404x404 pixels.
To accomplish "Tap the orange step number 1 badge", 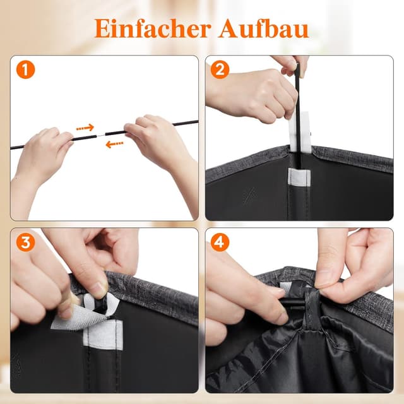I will [x=25, y=71].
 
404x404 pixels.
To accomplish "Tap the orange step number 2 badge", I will [x=220, y=71].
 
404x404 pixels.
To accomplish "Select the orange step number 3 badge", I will [x=25, y=243].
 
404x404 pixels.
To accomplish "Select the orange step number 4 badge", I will [x=220, y=243].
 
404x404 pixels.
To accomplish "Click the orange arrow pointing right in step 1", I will [x=85, y=128].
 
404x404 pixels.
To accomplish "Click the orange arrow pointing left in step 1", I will [x=114, y=144].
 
